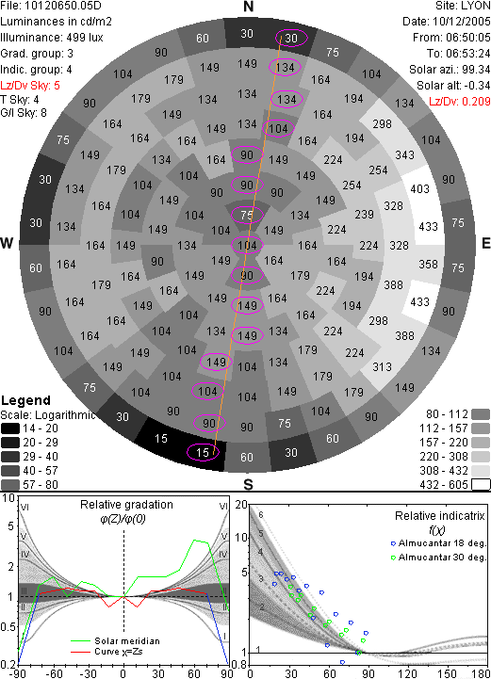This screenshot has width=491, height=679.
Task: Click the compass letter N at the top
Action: point(248,7)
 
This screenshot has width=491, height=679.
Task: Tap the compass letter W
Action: point(7,243)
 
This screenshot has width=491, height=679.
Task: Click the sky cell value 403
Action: point(419,188)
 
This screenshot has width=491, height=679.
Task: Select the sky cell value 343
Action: point(404,155)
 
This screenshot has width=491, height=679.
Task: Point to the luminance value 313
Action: point(382,366)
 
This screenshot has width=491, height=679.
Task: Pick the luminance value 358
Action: point(428,264)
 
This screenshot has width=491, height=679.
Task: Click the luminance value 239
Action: point(364,215)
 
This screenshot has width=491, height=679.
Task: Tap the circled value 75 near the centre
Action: point(247,216)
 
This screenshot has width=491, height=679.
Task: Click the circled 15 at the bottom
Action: point(203,453)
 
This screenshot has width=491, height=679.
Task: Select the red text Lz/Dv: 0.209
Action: point(460,102)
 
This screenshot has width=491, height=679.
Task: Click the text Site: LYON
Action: point(463,6)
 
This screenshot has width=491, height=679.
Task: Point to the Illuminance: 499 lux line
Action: point(52,38)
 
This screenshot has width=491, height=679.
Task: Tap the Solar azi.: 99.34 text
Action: point(450,70)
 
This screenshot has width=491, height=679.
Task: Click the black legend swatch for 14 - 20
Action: point(10,428)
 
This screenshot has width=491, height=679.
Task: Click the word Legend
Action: point(26,400)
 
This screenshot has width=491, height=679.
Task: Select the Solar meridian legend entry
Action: point(116,641)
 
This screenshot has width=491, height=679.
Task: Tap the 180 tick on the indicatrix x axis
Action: point(481,673)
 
